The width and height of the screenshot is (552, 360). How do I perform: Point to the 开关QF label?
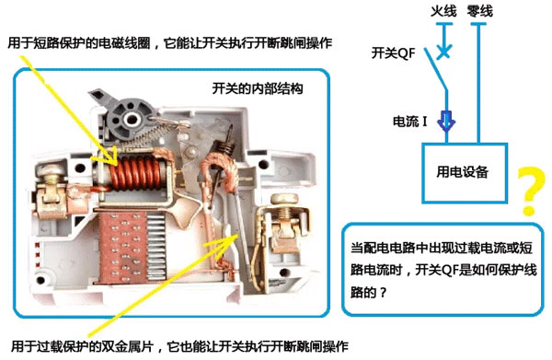coord(394,52)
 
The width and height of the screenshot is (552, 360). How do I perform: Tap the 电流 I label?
coord(411,121)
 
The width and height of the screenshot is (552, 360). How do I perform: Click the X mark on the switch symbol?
coord(443,52)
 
